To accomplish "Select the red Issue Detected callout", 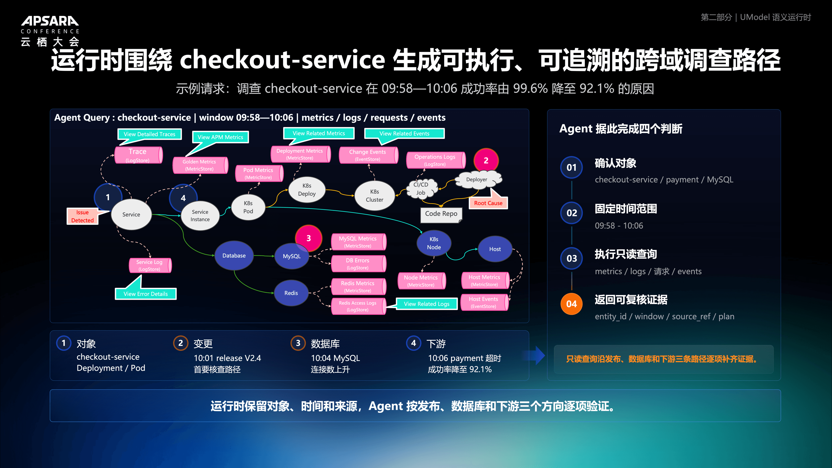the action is coord(83,216).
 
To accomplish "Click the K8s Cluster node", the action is coord(375,196).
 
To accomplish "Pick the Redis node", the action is coord(291,293).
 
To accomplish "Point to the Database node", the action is coord(234,256).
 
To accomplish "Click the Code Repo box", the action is coord(441,214).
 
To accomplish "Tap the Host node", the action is coord(495,249).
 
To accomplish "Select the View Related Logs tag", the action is coord(426,304).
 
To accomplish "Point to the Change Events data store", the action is coord(368,155).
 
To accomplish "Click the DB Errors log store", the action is coord(359,264).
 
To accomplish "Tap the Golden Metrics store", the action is coord(200,165).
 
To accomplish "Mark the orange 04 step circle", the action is coord(571,304).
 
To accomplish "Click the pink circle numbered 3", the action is coord(308,238).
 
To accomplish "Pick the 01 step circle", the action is coord(571,167).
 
